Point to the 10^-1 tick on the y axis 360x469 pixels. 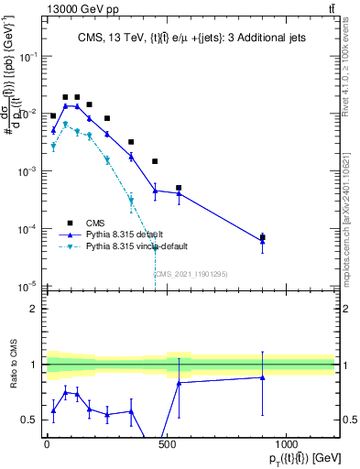29,56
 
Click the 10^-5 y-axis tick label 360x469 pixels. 29,287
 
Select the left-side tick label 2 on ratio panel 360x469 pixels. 34,309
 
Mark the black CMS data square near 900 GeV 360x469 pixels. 263,237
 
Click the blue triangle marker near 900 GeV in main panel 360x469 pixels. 263,242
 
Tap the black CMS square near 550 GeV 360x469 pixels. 179,188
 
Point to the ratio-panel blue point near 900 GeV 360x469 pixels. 263,377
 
